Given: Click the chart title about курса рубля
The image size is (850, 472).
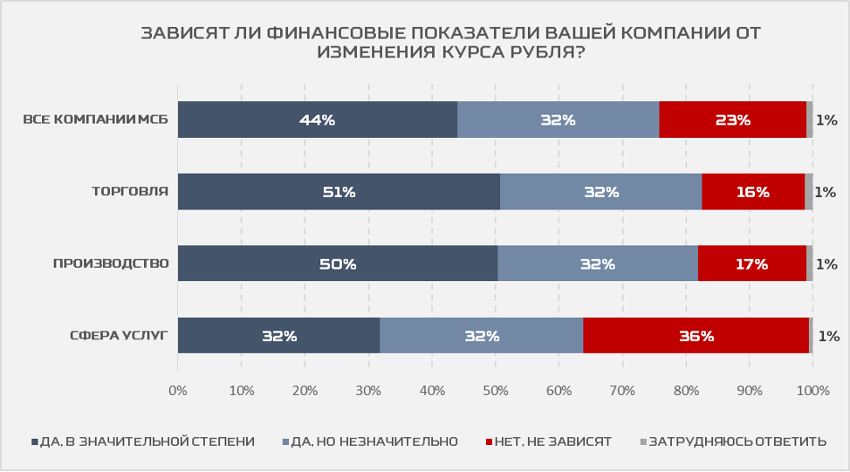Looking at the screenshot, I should (x=450, y=43).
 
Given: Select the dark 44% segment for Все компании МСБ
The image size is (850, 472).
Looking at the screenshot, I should (x=317, y=120).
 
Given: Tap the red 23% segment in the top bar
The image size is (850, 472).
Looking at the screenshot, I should (x=732, y=120).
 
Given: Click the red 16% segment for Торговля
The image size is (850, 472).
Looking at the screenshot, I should (x=752, y=192).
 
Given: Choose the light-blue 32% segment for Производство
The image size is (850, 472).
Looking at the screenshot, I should (x=597, y=263).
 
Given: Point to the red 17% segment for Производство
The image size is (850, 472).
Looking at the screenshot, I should (x=751, y=263).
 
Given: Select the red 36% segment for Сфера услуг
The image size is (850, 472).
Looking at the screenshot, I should (x=696, y=335).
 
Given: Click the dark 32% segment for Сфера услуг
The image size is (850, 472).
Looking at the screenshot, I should (x=278, y=335).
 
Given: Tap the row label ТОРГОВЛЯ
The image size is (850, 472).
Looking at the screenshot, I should (x=129, y=192).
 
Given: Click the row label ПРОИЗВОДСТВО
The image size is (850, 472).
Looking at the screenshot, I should (x=111, y=263).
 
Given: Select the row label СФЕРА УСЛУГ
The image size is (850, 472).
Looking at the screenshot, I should (x=119, y=335).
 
